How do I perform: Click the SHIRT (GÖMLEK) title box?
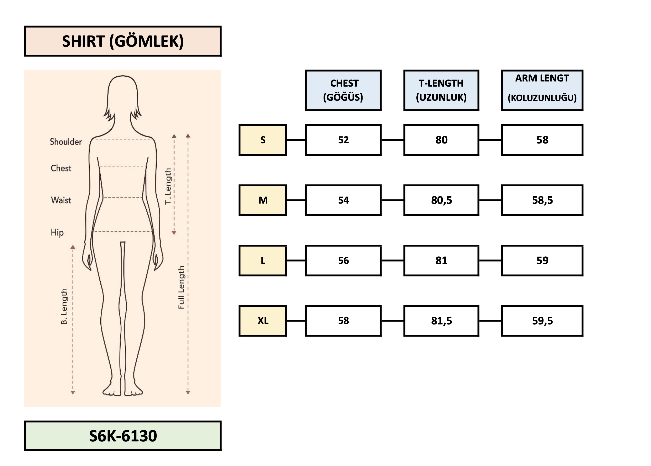(x=123, y=41)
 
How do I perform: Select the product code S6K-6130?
(x=123, y=436)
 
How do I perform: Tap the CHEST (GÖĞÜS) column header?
(x=343, y=90)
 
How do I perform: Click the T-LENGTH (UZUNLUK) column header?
(x=441, y=90)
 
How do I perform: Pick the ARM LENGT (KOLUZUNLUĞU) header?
(x=542, y=90)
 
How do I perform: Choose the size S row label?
(x=263, y=140)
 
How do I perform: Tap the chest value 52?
(x=343, y=140)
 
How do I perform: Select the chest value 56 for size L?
(x=343, y=260)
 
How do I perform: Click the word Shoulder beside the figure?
(x=66, y=142)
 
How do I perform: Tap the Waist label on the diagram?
(x=61, y=200)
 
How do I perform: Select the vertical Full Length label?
(x=181, y=287)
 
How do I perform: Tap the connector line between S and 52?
(x=296, y=140)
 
